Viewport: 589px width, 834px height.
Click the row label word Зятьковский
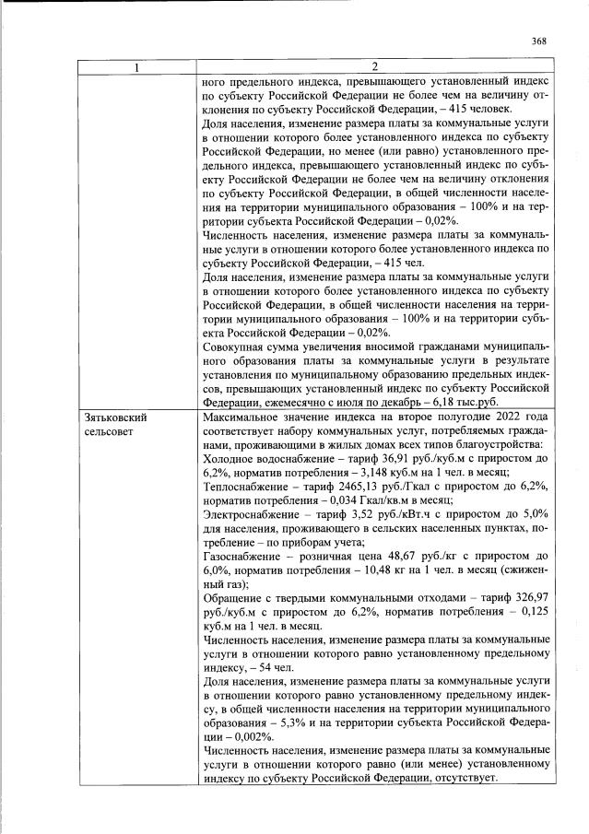click(x=115, y=417)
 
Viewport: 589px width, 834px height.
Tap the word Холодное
click(x=227, y=458)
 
